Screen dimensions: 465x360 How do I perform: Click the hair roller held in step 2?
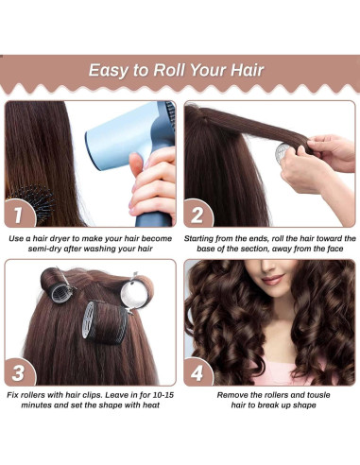(294, 152)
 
